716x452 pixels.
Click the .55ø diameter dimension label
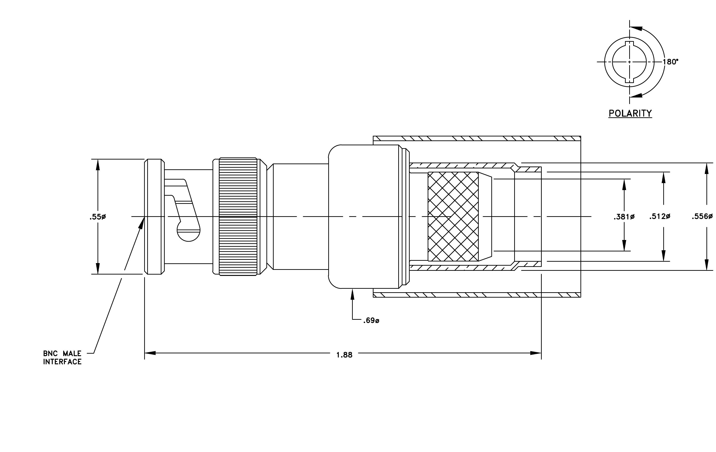(x=98, y=217)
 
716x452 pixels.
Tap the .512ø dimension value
(x=660, y=217)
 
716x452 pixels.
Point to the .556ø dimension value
(x=702, y=217)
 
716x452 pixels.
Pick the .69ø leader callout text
(x=371, y=321)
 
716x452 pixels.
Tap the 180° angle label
(x=671, y=62)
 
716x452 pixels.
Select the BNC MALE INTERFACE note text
(x=62, y=358)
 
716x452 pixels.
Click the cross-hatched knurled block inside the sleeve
(x=453, y=217)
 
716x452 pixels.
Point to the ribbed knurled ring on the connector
(x=238, y=217)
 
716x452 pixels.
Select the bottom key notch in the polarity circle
(x=629, y=80)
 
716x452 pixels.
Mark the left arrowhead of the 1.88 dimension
(x=150, y=353)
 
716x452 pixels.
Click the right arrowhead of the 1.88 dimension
(x=536, y=353)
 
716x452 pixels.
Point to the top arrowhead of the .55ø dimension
(x=98, y=165)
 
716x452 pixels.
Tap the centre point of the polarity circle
(x=629, y=62)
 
